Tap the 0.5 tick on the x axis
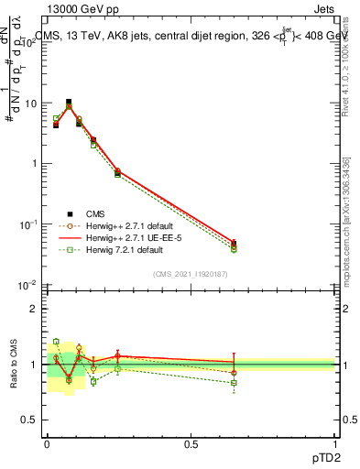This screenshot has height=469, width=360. [191, 442]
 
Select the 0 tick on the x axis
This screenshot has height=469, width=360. [47, 442]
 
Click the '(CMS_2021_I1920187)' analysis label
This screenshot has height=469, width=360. [191, 273]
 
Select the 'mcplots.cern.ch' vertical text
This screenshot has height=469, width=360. [345, 229]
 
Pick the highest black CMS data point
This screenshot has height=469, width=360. [69, 103]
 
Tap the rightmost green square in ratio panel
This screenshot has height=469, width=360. [234, 383]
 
